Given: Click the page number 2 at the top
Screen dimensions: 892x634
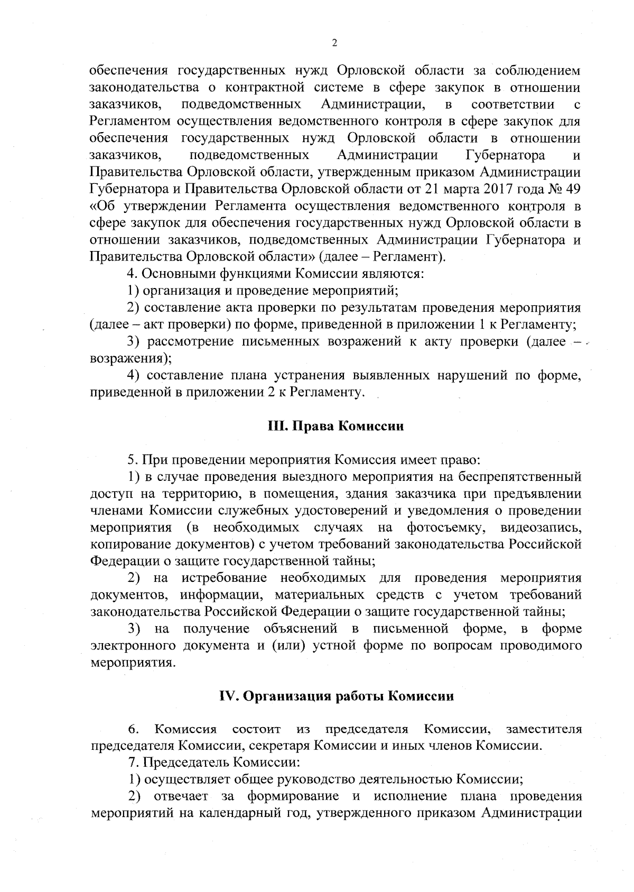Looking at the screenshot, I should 334,44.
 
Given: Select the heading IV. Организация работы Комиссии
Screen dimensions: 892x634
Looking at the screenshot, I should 337,696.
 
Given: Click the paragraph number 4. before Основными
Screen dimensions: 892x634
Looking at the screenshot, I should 132,274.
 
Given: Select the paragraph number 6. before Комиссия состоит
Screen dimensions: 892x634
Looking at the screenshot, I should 133,730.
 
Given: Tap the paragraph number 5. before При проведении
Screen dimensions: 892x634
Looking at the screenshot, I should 132,460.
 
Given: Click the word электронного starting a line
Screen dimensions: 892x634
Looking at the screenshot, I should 133,646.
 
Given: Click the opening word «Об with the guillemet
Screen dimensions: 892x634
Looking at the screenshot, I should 102,206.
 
